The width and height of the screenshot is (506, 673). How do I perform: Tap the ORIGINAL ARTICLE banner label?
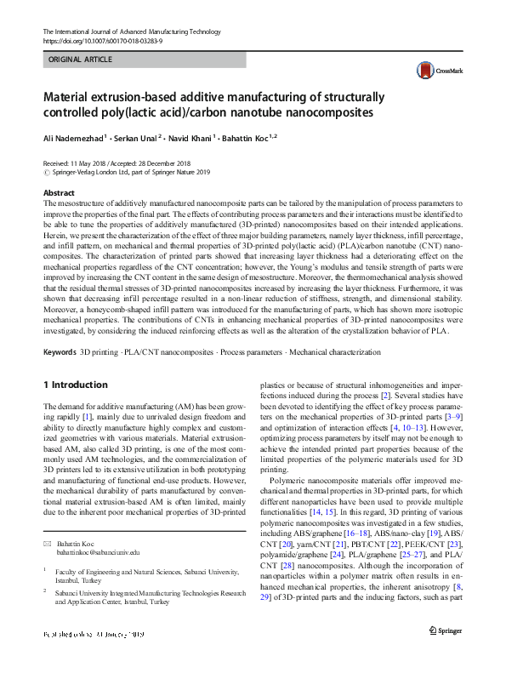coord(81,60)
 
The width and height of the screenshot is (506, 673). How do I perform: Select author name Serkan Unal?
coord(137,137)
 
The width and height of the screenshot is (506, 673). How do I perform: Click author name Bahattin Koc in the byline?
coord(247,137)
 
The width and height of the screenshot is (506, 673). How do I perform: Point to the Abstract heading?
coord(59,194)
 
